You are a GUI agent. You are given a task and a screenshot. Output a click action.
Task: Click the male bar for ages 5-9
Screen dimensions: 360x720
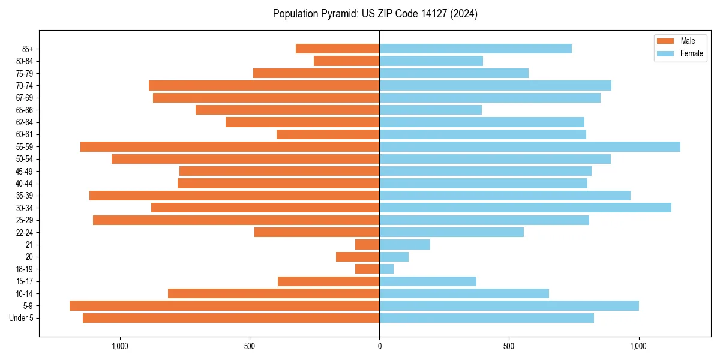click(x=224, y=306)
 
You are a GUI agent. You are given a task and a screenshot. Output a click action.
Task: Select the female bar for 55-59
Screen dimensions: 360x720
click(x=530, y=146)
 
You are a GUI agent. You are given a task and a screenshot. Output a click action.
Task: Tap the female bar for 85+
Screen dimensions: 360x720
click(x=475, y=49)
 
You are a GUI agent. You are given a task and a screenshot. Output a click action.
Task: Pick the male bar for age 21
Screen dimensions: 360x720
click(x=367, y=245)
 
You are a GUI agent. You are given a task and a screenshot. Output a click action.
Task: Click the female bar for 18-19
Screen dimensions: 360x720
click(x=386, y=269)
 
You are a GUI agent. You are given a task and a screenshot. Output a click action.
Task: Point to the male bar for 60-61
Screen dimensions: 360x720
click(x=328, y=134)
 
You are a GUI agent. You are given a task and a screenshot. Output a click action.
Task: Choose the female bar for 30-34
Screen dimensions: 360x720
click(x=525, y=208)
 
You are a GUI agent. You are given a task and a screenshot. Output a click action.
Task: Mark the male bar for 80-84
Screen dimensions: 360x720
click(x=346, y=61)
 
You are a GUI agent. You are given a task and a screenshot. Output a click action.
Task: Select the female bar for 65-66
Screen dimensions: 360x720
click(x=430, y=110)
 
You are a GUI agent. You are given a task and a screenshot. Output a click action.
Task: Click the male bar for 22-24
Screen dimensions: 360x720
click(x=317, y=232)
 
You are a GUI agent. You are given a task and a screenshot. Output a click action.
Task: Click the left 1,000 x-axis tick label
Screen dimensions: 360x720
click(x=120, y=346)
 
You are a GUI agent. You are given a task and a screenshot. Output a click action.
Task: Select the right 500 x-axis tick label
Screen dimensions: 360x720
click(x=509, y=346)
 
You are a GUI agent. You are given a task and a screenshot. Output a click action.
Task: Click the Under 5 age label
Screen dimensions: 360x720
click(x=22, y=318)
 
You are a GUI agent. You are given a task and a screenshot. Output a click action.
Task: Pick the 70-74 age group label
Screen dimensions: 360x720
click(x=25, y=86)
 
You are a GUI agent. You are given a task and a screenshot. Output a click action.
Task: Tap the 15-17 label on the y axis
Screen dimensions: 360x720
click(x=25, y=281)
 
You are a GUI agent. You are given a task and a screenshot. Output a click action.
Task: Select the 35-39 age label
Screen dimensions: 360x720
click(x=25, y=196)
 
